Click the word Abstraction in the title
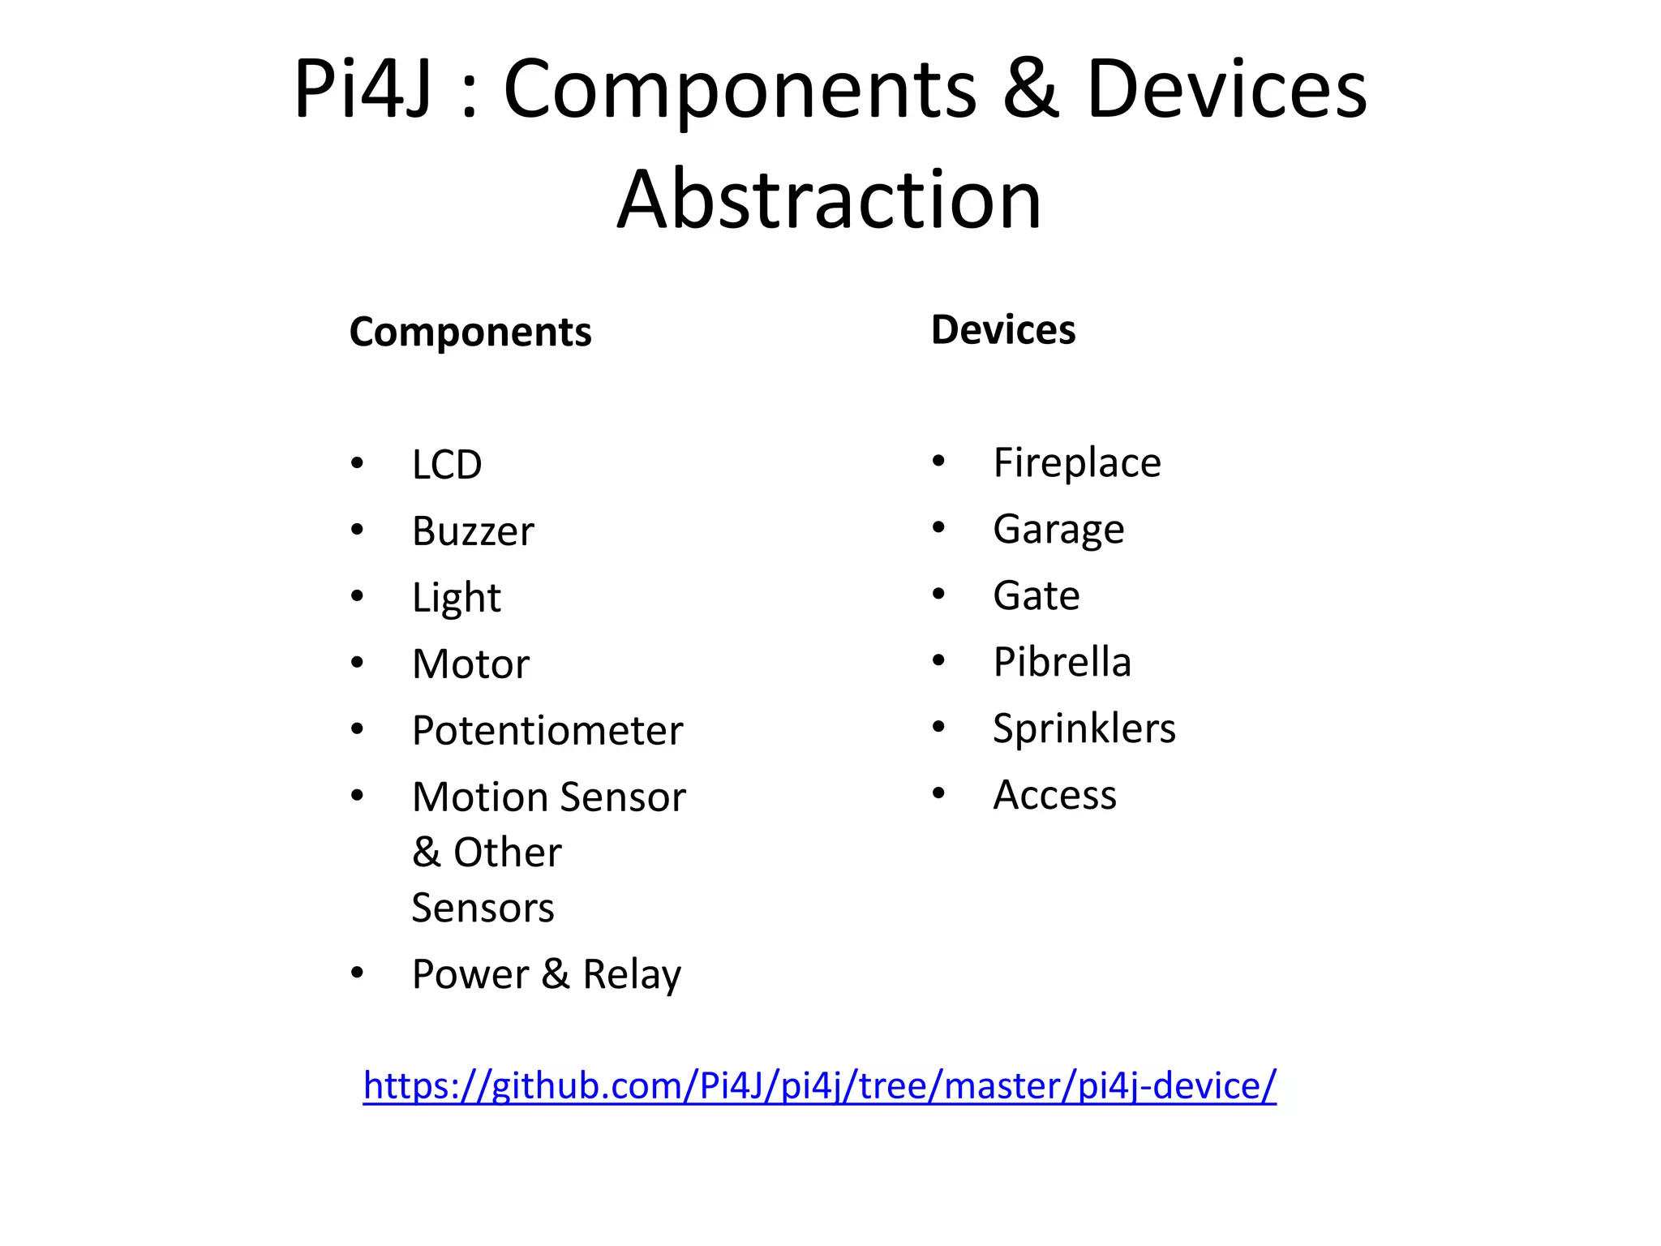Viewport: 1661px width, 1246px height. pos(829,200)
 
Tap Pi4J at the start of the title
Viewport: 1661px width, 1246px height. pos(362,89)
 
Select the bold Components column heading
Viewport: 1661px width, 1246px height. pos(470,332)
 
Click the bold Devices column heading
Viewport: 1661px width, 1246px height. pos(1003,330)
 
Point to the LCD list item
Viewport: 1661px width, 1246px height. pos(447,465)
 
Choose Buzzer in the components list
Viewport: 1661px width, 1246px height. pos(473,531)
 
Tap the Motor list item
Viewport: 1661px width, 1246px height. pos(470,664)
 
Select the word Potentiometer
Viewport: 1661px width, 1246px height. pos(547,731)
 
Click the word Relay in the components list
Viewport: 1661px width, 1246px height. pos(632,974)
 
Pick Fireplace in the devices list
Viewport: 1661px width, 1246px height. pos(1077,463)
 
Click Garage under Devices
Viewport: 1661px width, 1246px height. pos(1058,530)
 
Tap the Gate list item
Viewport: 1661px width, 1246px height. pos(1037,596)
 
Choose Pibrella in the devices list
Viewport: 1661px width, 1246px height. pos(1062,662)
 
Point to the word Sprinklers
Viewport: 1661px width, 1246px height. pos(1084,728)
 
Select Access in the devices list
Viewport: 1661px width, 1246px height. pos(1054,795)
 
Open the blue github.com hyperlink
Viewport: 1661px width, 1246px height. pos(819,1085)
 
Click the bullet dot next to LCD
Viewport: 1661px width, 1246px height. pos(357,464)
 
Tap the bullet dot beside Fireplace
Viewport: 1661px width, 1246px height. pos(938,462)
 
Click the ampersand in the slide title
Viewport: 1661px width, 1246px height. pos(1031,89)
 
